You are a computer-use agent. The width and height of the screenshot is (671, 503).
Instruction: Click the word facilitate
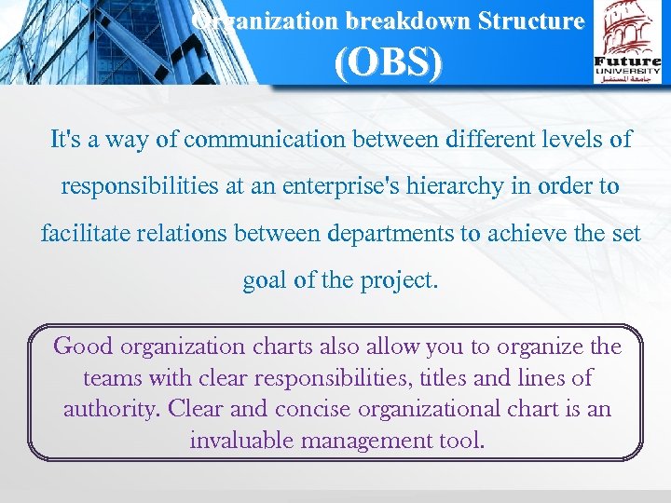[87, 233]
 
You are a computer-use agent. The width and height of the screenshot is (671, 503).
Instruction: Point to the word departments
[390, 233]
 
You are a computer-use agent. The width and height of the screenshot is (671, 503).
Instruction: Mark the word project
[402, 279]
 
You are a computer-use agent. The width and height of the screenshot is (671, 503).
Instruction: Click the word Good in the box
[83, 347]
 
